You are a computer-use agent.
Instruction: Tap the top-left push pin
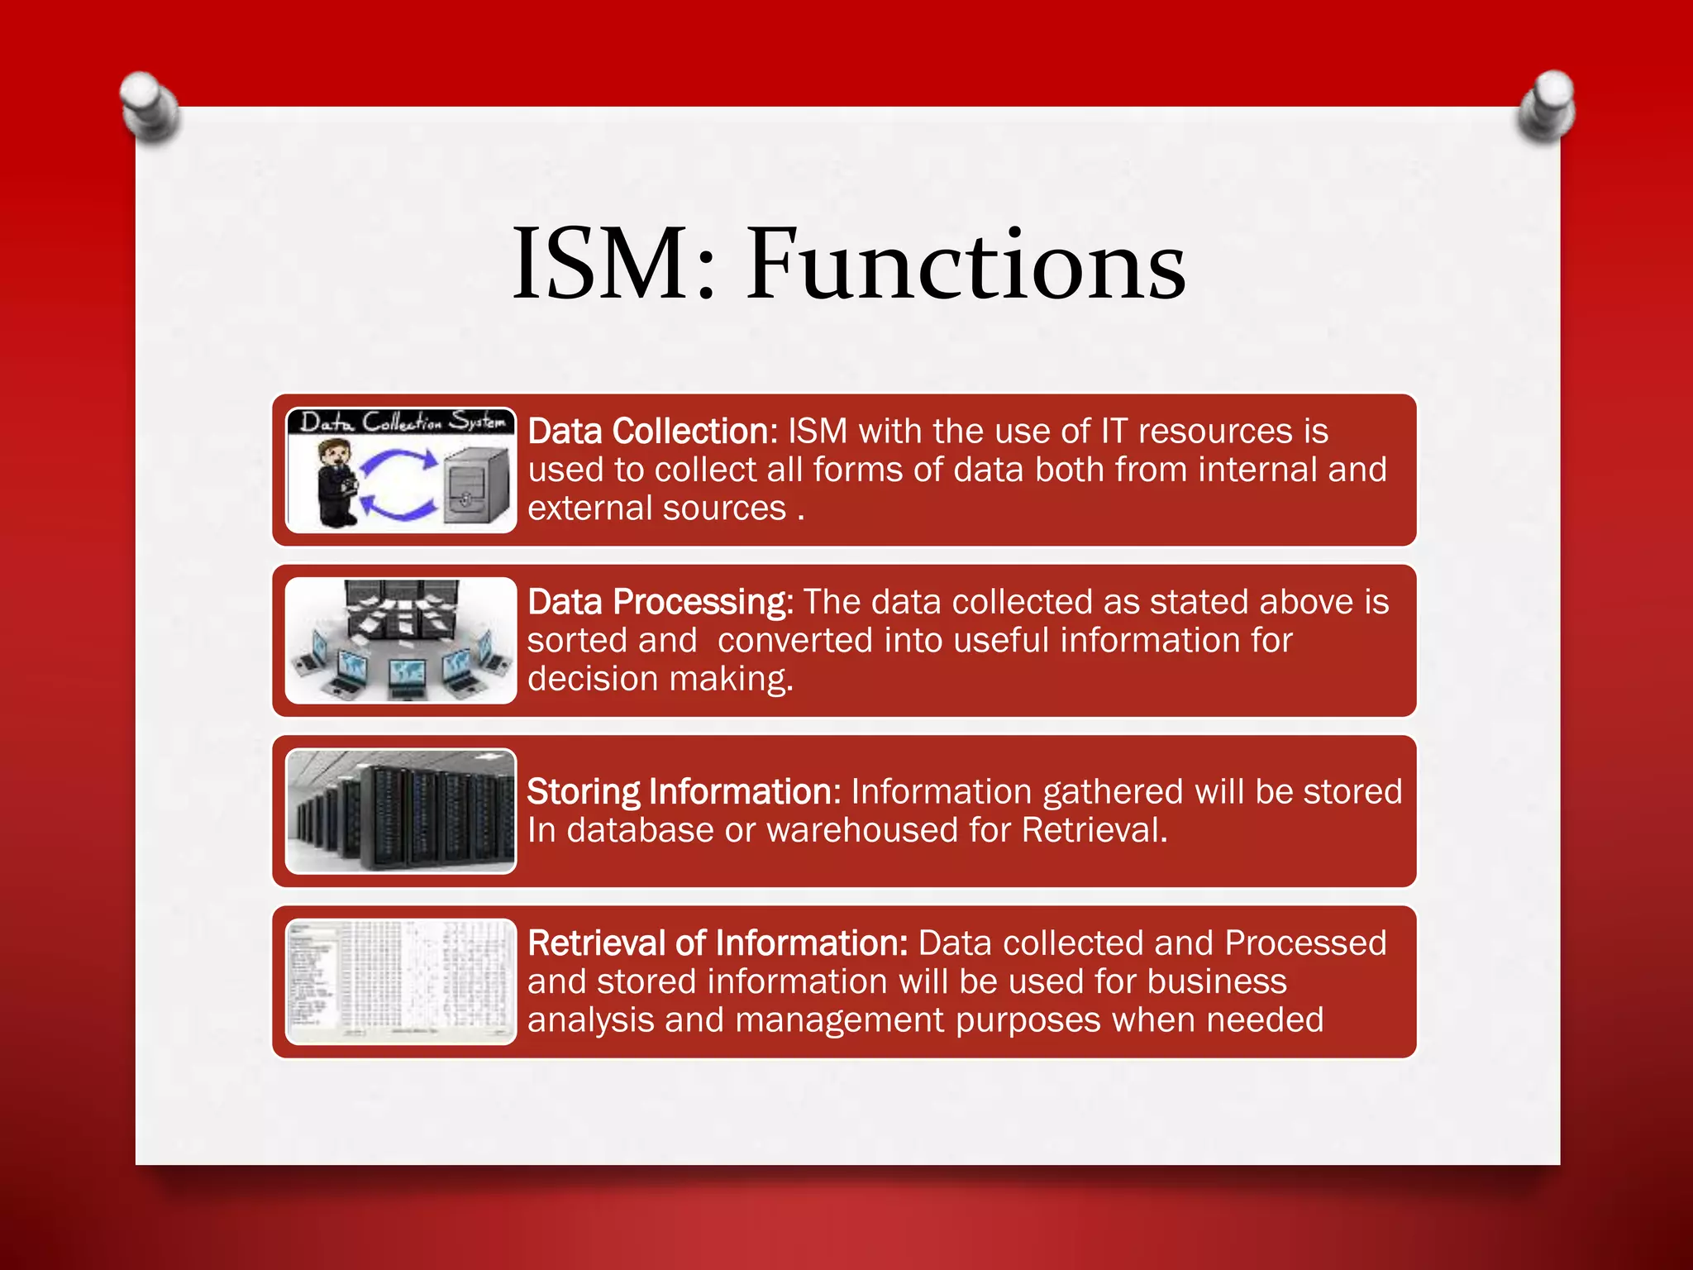(x=150, y=107)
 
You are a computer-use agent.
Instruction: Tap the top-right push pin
(x=1547, y=106)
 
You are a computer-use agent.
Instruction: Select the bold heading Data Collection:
(x=652, y=432)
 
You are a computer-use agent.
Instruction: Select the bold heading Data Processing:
(x=660, y=602)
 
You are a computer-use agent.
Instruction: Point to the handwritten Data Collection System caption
(x=402, y=422)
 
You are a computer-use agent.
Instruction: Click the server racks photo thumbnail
(x=401, y=811)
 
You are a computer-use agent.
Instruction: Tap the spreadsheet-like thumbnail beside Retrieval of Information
(x=401, y=981)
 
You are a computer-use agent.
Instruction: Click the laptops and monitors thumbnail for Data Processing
(x=401, y=641)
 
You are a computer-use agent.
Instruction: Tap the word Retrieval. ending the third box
(x=1094, y=831)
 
